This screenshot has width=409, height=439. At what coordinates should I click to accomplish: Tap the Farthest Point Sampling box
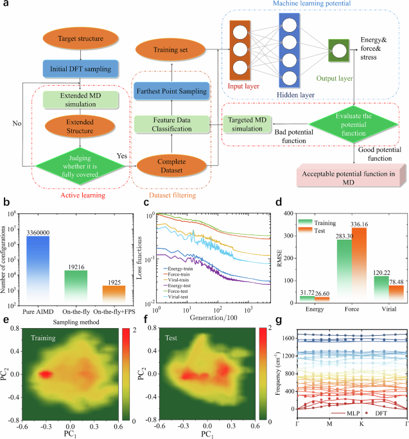point(171,92)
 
